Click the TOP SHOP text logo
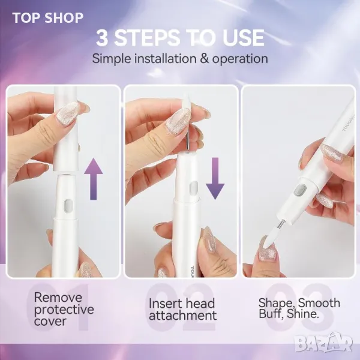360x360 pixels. pyautogui.click(x=48, y=18)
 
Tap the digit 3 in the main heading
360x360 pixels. pyautogui.click(x=103, y=38)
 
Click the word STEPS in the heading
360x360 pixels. pyautogui.click(x=147, y=38)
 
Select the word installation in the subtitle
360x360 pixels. pyautogui.click(x=166, y=59)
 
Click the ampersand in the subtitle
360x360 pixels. pyautogui.click(x=205, y=59)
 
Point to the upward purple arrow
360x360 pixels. pyautogui.click(x=94, y=179)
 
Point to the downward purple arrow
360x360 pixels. pyautogui.click(x=215, y=178)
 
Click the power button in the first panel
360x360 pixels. pyautogui.click(x=68, y=205)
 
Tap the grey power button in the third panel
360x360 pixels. pyautogui.click(x=299, y=190)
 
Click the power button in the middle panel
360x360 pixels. pyautogui.click(x=194, y=187)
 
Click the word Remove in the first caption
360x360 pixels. pyautogui.click(x=58, y=298)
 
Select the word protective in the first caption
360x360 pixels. pyautogui.click(x=64, y=310)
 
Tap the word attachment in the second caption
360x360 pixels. pyautogui.click(x=183, y=315)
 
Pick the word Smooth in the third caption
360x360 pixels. pyautogui.click(x=319, y=303)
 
